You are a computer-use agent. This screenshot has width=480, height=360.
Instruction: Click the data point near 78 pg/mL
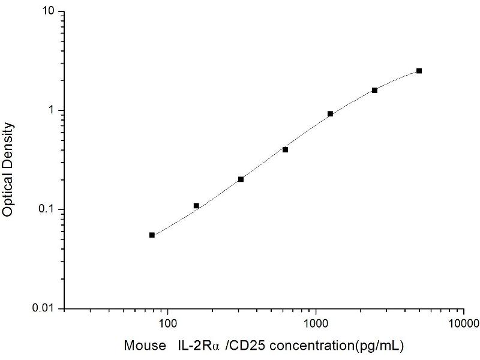pyautogui.click(x=152, y=235)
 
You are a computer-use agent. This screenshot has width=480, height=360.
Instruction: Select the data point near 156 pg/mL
pyautogui.click(x=196, y=206)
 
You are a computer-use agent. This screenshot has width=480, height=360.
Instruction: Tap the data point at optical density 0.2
pyautogui.click(x=241, y=179)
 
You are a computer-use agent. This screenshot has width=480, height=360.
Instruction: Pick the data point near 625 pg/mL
pyautogui.click(x=285, y=149)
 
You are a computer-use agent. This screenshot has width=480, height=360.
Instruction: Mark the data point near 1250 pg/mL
pyautogui.click(x=330, y=114)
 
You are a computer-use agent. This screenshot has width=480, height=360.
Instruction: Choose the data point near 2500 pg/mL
pyautogui.click(x=374, y=90)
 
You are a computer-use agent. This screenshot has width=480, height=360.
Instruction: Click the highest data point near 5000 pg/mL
pyautogui.click(x=419, y=71)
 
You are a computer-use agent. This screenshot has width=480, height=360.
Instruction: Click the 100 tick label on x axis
pyautogui.click(x=167, y=325)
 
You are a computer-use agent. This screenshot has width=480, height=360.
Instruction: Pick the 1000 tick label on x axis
pyautogui.click(x=316, y=325)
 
